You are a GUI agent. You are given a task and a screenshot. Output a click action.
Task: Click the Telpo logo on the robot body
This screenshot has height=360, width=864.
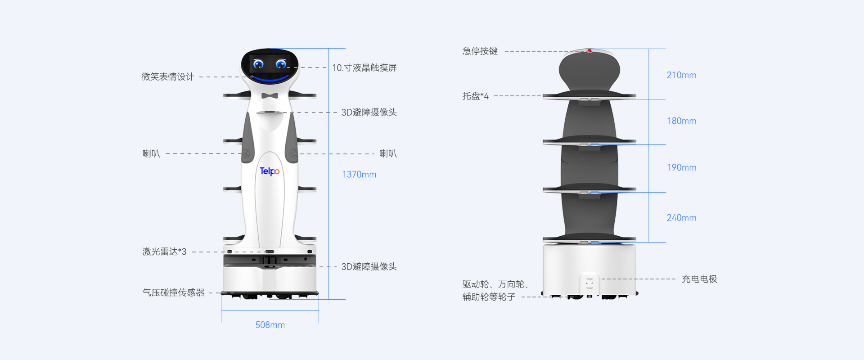pyautogui.click(x=270, y=171)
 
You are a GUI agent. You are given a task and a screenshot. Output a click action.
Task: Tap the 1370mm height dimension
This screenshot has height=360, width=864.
pyautogui.click(x=359, y=175)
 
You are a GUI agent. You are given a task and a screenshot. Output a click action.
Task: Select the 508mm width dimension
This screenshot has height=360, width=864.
pyautogui.click(x=270, y=325)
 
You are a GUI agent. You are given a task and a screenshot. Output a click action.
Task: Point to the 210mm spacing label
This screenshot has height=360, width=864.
pyautogui.click(x=681, y=75)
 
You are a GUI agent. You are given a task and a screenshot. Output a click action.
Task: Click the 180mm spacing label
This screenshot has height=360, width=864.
pyautogui.click(x=681, y=121)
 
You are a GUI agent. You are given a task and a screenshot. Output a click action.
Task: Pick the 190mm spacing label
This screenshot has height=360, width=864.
pyautogui.click(x=681, y=167)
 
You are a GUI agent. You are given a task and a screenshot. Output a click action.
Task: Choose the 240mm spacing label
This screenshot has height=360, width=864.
pyautogui.click(x=681, y=218)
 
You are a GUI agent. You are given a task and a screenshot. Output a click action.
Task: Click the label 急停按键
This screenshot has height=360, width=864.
pyautogui.click(x=480, y=51)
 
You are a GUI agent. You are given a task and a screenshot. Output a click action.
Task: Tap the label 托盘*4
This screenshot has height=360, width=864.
pyautogui.click(x=475, y=96)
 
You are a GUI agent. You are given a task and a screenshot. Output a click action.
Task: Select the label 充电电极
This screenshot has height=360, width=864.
pyautogui.click(x=699, y=279)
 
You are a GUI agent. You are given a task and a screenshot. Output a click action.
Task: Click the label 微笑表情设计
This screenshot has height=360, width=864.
pyautogui.click(x=168, y=77)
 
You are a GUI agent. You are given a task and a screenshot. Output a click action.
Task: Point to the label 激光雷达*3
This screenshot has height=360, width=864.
pyautogui.click(x=164, y=252)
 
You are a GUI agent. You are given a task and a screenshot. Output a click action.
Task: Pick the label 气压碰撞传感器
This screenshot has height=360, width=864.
pyautogui.click(x=173, y=292)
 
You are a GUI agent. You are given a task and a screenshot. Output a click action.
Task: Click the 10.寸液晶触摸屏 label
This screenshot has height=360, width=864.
pyautogui.click(x=364, y=67)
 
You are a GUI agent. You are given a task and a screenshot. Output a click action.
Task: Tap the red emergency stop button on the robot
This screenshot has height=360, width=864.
pyautogui.click(x=589, y=51)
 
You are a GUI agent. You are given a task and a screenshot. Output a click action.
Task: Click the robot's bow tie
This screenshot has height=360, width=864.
pyautogui.click(x=270, y=95)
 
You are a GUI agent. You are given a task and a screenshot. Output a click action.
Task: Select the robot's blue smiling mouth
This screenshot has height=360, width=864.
pyautogui.click(x=270, y=79)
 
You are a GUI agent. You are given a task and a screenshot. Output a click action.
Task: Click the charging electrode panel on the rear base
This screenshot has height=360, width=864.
pyautogui.click(x=589, y=283)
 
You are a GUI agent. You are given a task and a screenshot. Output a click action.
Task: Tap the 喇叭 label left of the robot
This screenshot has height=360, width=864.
pyautogui.click(x=151, y=153)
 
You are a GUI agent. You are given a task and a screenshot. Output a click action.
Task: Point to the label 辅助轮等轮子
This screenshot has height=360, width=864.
pyautogui.click(x=489, y=297)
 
